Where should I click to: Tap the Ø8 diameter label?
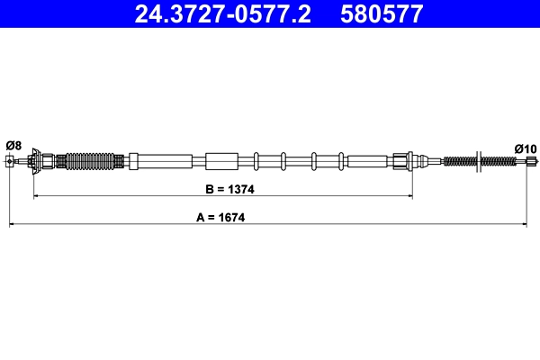coord(13,145)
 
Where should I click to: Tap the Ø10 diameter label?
coord(525,148)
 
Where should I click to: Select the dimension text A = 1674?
coord(220,217)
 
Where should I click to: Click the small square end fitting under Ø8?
coord(11,162)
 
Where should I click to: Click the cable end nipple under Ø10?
coord(529,162)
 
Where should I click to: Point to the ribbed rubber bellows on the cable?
coord(91,162)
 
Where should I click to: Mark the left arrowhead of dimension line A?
coord(11,224)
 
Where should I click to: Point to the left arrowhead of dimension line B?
coord(35,196)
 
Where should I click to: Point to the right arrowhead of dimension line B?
coord(410,196)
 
